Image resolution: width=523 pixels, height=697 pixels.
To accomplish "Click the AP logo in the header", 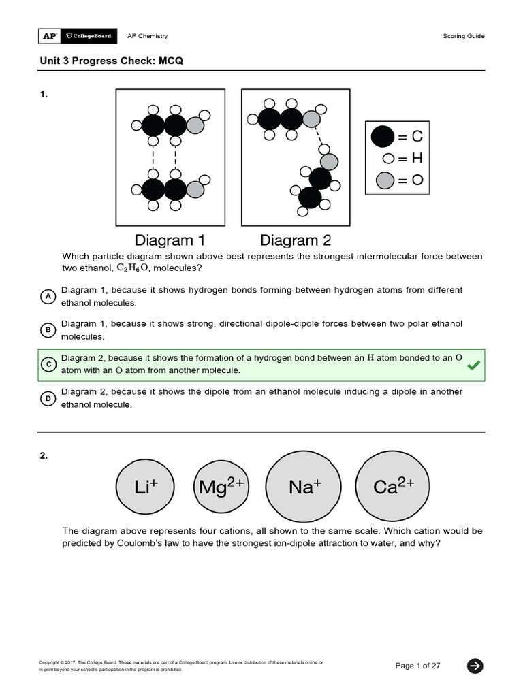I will [49, 36].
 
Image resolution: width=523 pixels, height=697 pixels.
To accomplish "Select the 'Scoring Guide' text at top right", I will [464, 36].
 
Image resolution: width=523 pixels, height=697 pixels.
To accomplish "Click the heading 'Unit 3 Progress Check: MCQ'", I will [112, 61].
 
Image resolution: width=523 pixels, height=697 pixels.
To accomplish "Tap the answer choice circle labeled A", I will [48, 297].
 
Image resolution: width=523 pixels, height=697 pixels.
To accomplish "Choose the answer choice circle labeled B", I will [48, 331].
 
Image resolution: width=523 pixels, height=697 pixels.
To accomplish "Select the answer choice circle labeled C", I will [48, 365].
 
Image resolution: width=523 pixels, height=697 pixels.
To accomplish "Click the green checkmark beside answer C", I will [473, 366].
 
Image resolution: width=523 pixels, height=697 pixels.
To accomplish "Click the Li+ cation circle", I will [146, 487].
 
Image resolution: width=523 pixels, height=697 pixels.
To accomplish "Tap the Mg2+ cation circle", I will [222, 487].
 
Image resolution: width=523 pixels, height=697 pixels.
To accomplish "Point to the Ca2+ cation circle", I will [394, 487].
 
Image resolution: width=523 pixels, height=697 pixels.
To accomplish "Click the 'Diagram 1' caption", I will [170, 240].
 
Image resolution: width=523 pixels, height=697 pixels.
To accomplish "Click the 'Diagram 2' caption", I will [296, 240].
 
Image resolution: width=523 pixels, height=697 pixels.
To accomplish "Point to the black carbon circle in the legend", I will [383, 137].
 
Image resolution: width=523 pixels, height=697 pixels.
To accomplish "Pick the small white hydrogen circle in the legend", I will [388, 159].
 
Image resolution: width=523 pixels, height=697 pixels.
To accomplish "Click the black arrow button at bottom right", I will [475, 666].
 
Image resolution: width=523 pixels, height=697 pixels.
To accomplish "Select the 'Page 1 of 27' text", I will [417, 666].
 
